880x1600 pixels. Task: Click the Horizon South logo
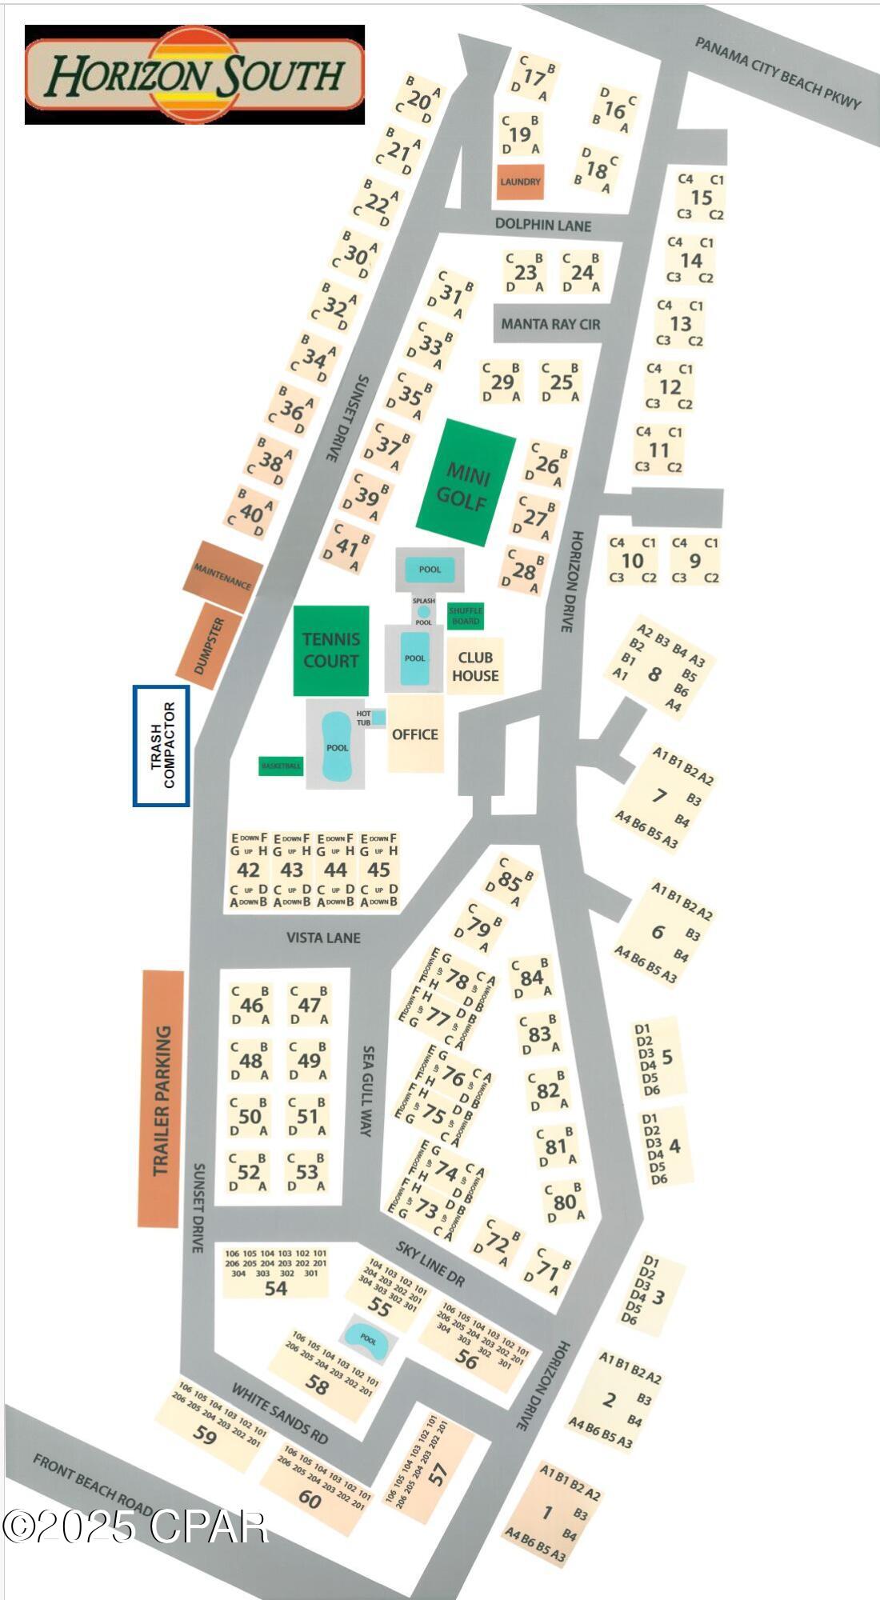pos(194,74)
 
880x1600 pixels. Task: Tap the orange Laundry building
pos(520,182)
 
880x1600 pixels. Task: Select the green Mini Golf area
pos(465,483)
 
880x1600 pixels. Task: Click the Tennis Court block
pos(330,650)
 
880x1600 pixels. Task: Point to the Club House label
pos(475,666)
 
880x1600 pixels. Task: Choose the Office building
pos(415,734)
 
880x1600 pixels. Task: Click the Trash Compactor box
pos(162,746)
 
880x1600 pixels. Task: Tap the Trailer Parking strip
pos(161,1100)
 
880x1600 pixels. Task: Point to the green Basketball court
pos(281,766)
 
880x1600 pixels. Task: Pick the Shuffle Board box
pos(466,615)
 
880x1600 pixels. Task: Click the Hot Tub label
pos(364,718)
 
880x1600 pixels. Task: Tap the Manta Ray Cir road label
pos(550,324)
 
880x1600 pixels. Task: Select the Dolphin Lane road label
pos(542,225)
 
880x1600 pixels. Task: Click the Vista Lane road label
pos(323,937)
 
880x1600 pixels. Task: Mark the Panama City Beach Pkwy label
pos(777,73)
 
